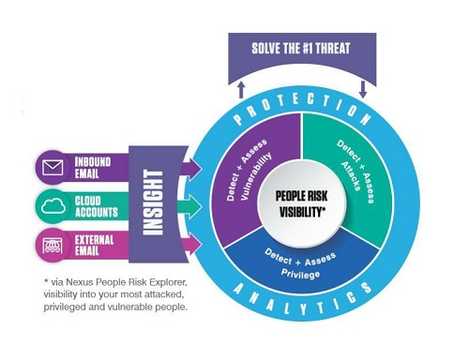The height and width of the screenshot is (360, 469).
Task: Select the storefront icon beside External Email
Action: [53, 243]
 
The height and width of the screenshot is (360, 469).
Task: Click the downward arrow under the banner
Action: [363, 87]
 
